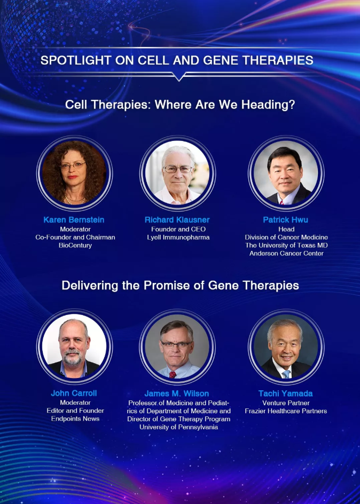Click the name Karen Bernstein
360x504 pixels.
pyautogui.click(x=74, y=220)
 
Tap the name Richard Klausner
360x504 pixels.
pyautogui.click(x=177, y=220)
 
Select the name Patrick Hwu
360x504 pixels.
pyautogui.click(x=285, y=220)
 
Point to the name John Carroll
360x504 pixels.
pyautogui.click(x=74, y=393)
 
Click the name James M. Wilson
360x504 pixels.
pyautogui.click(x=177, y=393)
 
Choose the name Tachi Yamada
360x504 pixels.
pyautogui.click(x=285, y=393)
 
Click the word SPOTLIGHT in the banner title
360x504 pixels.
pyautogui.click(x=75, y=60)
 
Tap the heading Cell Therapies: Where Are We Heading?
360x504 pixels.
pyautogui.click(x=180, y=105)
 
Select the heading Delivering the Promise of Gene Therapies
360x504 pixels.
pyautogui.click(x=180, y=286)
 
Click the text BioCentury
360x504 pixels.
pyautogui.click(x=75, y=246)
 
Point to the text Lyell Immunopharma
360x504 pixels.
pyautogui.click(x=178, y=238)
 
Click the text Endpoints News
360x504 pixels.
pyautogui.click(x=75, y=419)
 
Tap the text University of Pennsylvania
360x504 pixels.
pyautogui.click(x=179, y=427)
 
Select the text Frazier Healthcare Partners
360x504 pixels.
pyautogui.click(x=286, y=411)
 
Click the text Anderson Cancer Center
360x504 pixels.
pyautogui.click(x=286, y=254)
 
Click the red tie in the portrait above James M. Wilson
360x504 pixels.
pyautogui.click(x=173, y=374)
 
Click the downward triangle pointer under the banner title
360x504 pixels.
pyautogui.click(x=179, y=76)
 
